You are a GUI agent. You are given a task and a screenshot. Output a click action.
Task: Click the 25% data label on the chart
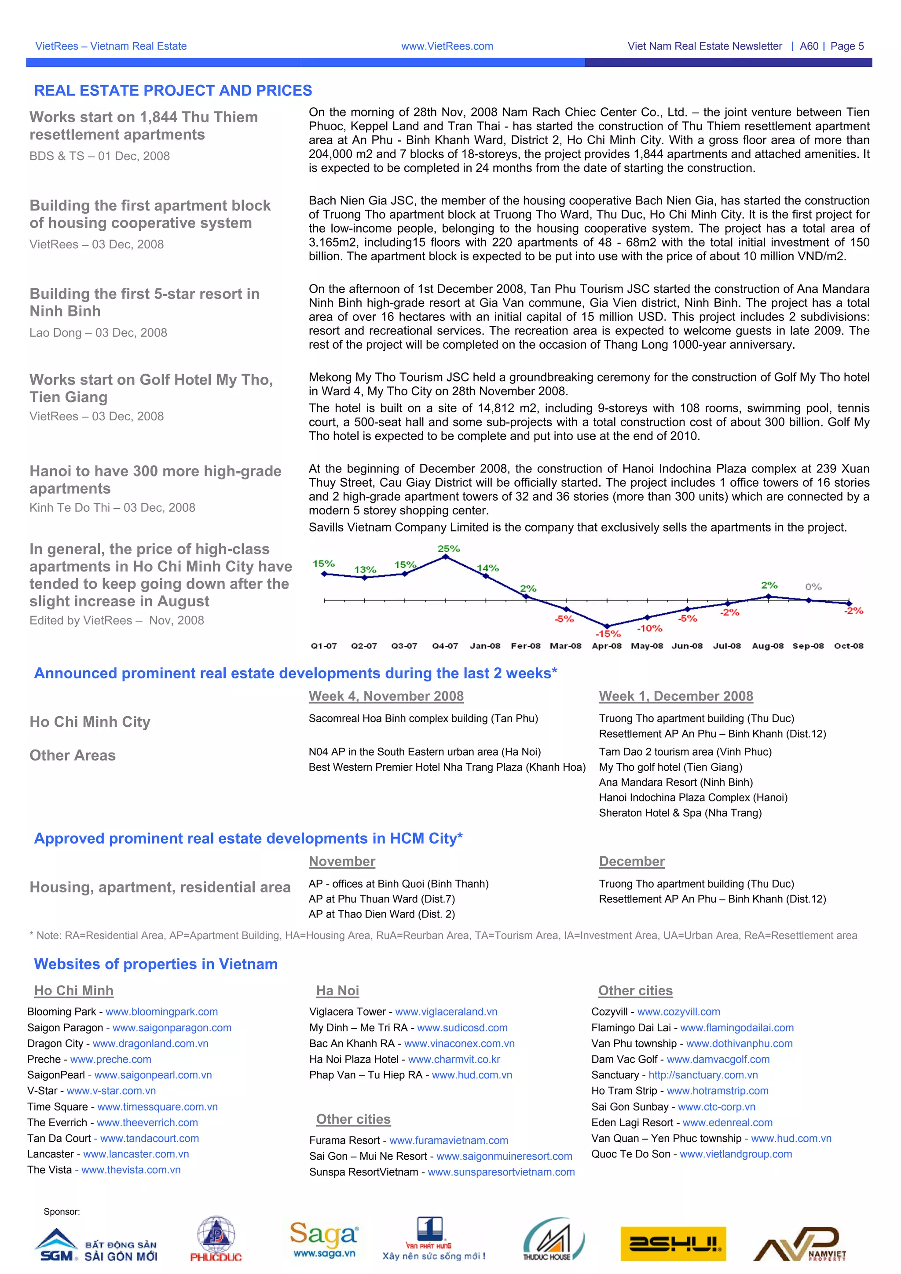(x=449, y=549)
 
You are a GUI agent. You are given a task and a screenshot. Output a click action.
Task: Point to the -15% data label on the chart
(x=608, y=633)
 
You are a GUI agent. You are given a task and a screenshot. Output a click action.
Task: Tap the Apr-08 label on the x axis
(x=607, y=646)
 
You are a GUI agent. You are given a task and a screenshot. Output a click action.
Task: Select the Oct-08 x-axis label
(x=848, y=646)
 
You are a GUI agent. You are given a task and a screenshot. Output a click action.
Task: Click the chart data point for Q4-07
(x=445, y=557)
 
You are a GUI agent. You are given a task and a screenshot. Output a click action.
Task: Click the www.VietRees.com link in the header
(x=447, y=47)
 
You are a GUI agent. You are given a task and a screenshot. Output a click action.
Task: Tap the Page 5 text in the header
(x=847, y=47)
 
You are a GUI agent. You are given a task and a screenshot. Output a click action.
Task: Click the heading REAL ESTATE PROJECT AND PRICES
(x=172, y=91)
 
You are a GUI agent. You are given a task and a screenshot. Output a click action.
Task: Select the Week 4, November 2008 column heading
(x=386, y=696)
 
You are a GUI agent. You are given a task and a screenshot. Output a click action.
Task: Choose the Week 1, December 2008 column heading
(x=676, y=696)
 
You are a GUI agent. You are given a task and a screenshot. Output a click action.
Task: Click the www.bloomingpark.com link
(x=161, y=1012)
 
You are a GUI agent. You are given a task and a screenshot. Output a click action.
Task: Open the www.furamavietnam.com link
(x=449, y=1140)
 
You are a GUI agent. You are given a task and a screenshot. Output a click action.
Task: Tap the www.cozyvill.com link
(x=678, y=1012)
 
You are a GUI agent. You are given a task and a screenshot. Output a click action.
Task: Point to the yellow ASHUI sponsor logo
(x=673, y=1244)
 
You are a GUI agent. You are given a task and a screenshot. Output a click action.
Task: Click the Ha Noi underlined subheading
(x=337, y=990)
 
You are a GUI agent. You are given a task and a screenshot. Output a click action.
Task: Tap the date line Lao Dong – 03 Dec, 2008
(x=98, y=333)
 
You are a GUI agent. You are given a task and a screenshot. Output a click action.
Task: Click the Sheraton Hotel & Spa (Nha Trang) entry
(x=680, y=813)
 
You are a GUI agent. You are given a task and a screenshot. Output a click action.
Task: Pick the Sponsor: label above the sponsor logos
(x=62, y=1211)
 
